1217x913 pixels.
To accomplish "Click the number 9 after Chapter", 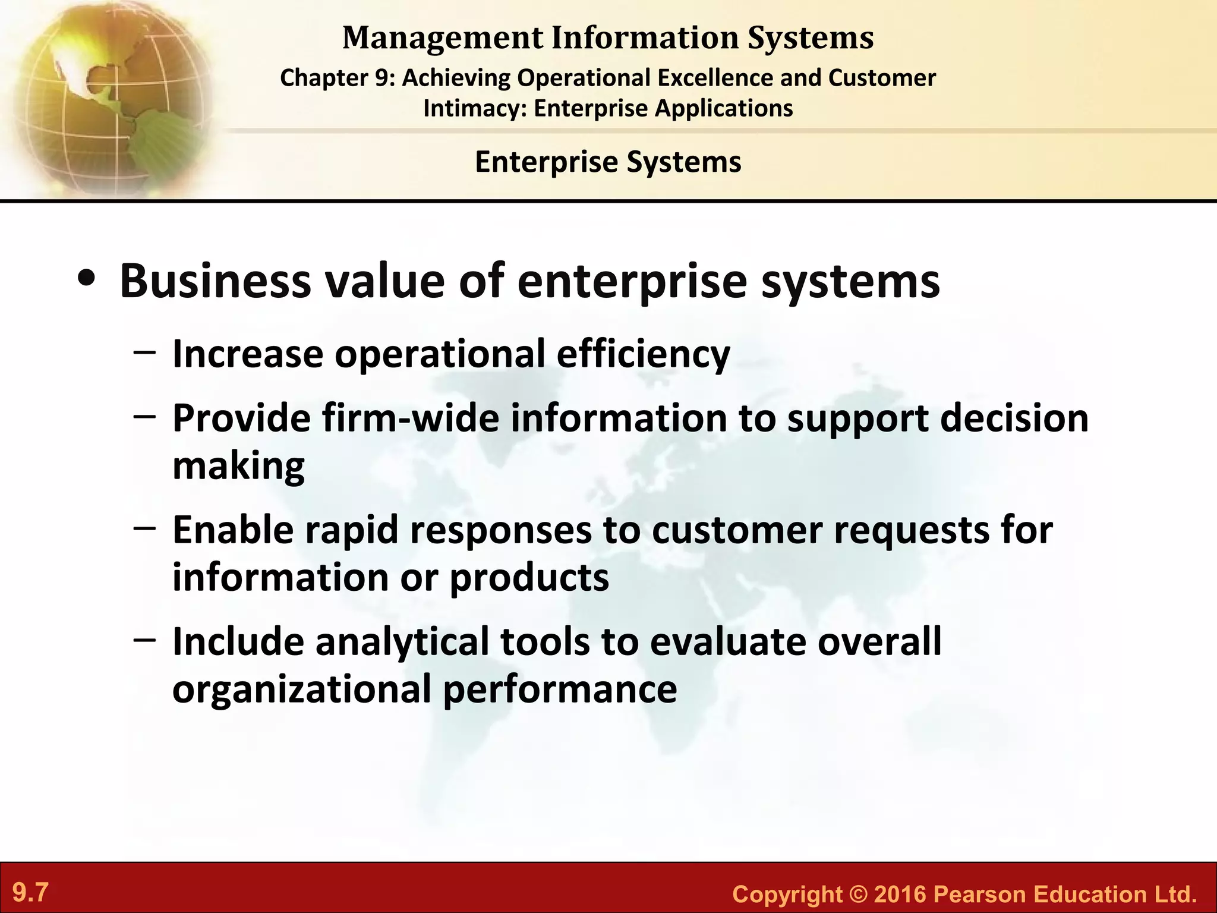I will tap(382, 78).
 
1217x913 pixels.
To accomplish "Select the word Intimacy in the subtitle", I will tap(475, 109).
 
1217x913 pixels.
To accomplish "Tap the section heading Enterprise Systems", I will tap(608, 162).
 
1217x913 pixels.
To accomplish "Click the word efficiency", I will tap(643, 355).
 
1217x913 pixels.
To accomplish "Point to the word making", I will tap(238, 466).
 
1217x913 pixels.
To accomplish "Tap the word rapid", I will tap(351, 530).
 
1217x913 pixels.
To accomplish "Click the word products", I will tap(529, 577).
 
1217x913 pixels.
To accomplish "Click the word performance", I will tap(560, 689).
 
